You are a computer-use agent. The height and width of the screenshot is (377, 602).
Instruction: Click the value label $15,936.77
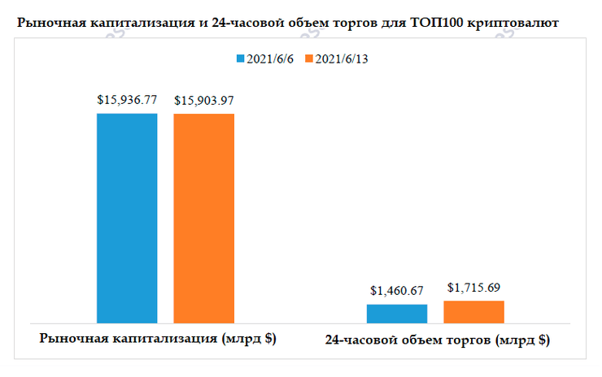127,101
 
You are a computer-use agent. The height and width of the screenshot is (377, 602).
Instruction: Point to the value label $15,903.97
204,101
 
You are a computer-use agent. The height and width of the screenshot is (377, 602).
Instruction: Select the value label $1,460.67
397,290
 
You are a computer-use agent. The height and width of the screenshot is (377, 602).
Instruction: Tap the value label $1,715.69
474,287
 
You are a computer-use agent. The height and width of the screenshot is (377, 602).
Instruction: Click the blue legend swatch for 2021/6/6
241,59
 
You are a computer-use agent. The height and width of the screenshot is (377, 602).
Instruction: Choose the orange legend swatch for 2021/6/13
309,59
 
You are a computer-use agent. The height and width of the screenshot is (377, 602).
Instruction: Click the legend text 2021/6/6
271,59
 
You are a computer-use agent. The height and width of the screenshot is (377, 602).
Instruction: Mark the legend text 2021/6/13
342,59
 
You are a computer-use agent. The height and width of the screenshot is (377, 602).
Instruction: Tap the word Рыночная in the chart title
48,24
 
